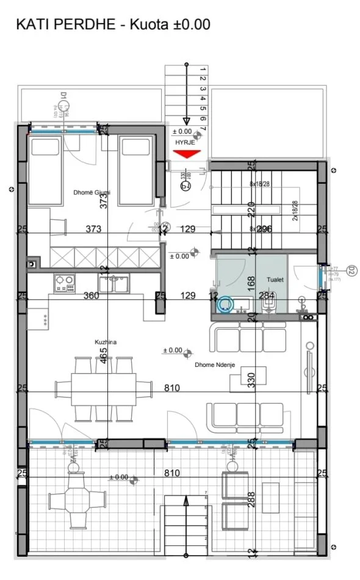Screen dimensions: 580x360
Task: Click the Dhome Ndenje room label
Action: click(214, 365)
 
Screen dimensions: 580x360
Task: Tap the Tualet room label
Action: click(275, 279)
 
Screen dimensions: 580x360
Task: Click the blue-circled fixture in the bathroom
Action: click(226, 303)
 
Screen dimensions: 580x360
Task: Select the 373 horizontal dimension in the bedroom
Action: click(93, 229)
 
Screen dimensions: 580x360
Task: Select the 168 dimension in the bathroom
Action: click(250, 283)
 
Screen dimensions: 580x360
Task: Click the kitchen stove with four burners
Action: click(64, 283)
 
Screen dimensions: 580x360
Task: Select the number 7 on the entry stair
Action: click(202, 129)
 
